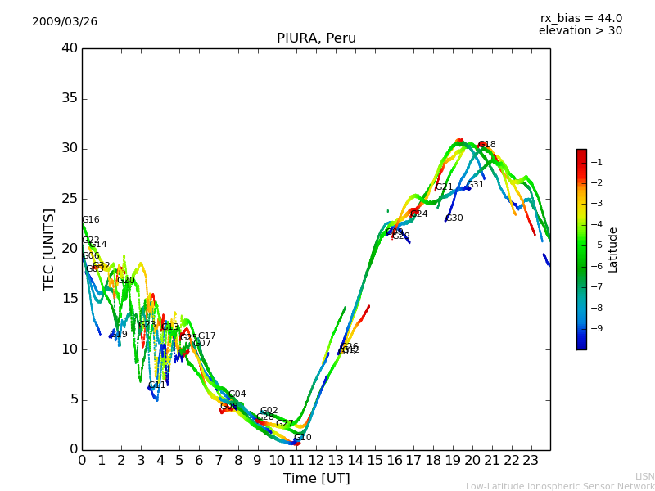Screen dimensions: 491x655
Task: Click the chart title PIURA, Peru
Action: click(x=316, y=38)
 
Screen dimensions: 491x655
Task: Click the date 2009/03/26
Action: click(x=65, y=22)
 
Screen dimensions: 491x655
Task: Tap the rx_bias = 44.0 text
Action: click(x=580, y=19)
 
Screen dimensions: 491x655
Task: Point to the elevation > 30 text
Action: click(x=580, y=31)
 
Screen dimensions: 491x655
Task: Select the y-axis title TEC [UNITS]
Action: click(x=49, y=249)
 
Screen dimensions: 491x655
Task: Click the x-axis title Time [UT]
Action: click(x=316, y=479)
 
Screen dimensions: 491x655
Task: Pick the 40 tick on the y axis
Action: click(x=70, y=48)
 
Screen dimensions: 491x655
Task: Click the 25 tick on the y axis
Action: click(x=70, y=199)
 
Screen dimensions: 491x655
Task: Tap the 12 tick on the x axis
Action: click(x=316, y=461)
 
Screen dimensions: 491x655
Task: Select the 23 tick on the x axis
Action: click(x=531, y=461)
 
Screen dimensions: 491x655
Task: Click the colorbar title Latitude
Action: click(x=613, y=250)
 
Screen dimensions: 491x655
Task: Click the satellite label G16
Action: click(x=90, y=220)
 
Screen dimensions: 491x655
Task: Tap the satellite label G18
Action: click(x=487, y=145)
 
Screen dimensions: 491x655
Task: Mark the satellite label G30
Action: click(x=454, y=218)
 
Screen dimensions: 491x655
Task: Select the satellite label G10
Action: click(x=303, y=438)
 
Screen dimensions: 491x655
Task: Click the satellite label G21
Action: click(x=444, y=187)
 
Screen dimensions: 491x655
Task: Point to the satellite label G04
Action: click(x=237, y=394)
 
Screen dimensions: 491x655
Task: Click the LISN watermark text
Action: click(x=644, y=476)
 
